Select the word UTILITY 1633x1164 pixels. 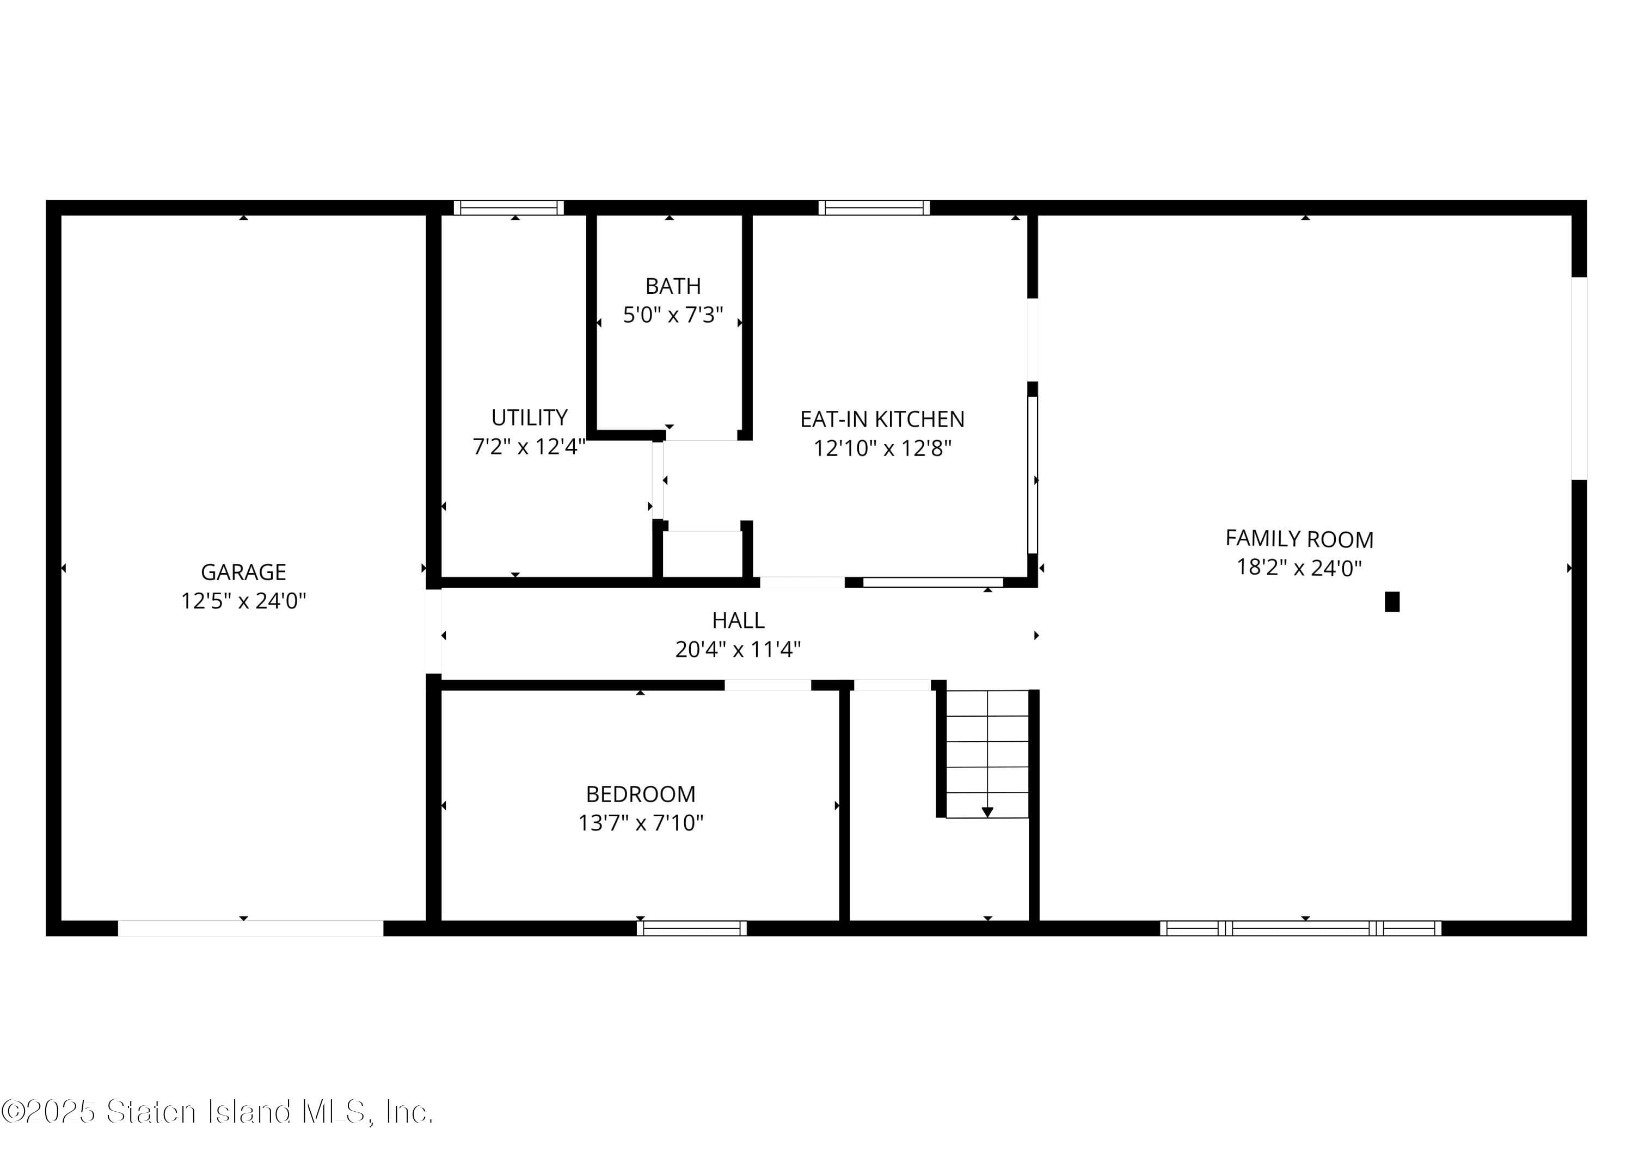coord(529,417)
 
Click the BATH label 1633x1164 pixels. coord(672,286)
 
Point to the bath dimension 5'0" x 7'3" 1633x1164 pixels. coord(672,315)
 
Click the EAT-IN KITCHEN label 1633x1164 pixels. coord(882,418)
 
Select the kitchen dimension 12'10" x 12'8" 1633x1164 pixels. coord(882,448)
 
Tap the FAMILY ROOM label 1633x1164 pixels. coord(1299,538)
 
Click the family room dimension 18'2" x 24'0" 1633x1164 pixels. coord(1299,568)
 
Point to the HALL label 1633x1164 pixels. coord(738,620)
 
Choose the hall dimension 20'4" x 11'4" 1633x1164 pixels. coord(738,649)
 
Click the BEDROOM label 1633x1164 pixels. coord(640,794)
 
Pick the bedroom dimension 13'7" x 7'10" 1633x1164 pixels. coord(640,823)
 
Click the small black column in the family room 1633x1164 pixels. coord(1391,601)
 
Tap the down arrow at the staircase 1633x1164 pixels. coord(987,812)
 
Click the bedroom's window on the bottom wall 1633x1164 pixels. coord(692,928)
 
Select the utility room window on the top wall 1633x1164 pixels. coord(508,208)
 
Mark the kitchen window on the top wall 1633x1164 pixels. coord(874,208)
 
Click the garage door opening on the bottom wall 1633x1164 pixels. coord(250,928)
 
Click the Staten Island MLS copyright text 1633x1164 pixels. coord(217,1112)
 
